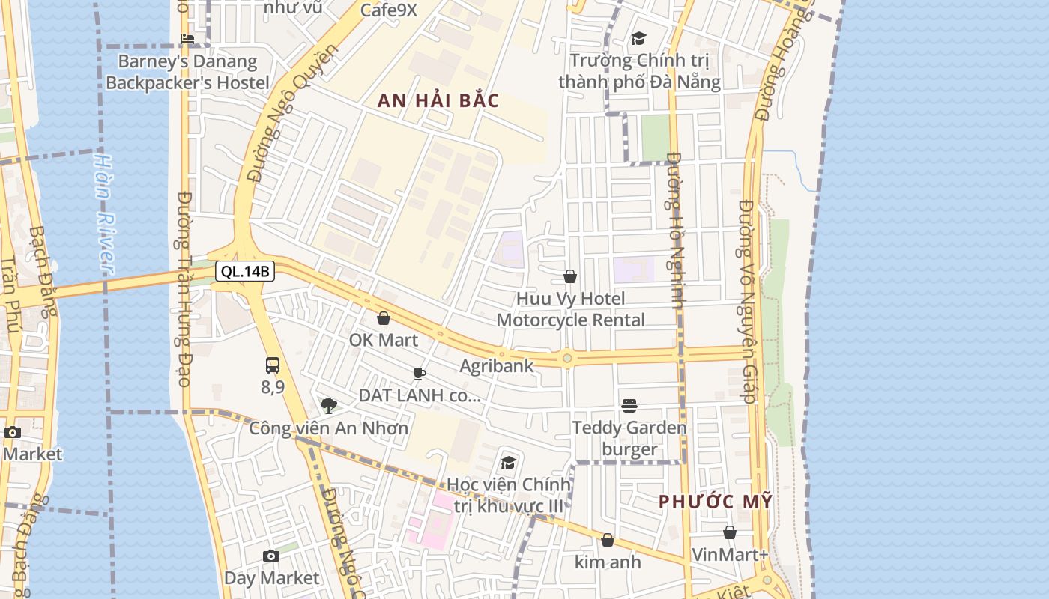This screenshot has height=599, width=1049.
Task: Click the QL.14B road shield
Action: (244, 271)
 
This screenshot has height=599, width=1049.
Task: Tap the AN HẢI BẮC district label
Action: (438, 101)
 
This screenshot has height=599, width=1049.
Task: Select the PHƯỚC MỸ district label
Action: (715, 502)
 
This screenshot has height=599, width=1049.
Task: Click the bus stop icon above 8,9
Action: (273, 365)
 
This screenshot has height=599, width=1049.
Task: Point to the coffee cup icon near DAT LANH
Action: (420, 374)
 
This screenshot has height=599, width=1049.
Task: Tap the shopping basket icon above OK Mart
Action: (384, 318)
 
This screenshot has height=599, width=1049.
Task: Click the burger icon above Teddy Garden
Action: (629, 406)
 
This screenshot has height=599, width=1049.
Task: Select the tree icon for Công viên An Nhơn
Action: (328, 406)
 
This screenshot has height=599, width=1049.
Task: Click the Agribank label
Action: (496, 366)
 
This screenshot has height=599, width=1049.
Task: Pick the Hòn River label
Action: (104, 213)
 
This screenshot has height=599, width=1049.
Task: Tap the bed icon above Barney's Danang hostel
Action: (187, 39)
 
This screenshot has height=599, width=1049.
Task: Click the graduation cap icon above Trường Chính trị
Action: (638, 38)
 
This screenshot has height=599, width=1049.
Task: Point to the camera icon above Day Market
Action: (271, 556)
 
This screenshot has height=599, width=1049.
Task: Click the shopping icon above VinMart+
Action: (730, 532)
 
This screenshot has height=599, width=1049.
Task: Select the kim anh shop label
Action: (608, 561)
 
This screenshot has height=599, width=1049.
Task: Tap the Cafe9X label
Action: (388, 10)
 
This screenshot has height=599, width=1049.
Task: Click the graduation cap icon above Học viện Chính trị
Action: (509, 463)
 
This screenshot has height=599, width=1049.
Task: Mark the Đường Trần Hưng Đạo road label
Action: (184, 288)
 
